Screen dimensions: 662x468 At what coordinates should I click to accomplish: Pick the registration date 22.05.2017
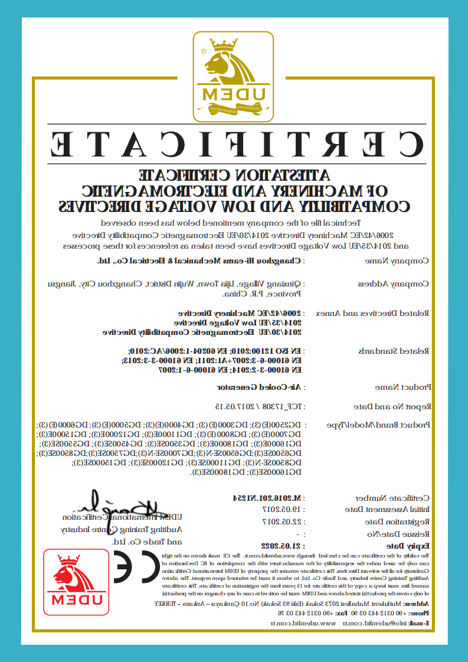click(x=282, y=521)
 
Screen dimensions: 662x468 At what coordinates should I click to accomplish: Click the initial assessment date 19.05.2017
click(x=282, y=508)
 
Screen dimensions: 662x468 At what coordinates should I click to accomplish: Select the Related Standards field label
click(x=394, y=351)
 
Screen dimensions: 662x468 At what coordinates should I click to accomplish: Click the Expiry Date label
click(x=409, y=545)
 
